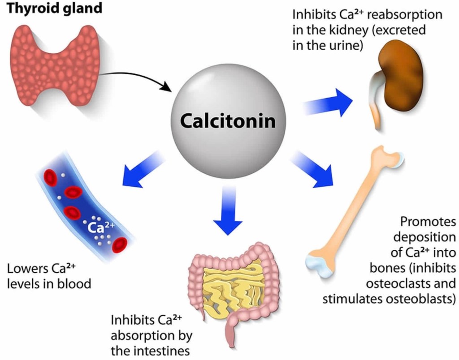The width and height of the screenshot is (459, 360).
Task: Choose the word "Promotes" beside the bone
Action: pos(428,222)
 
